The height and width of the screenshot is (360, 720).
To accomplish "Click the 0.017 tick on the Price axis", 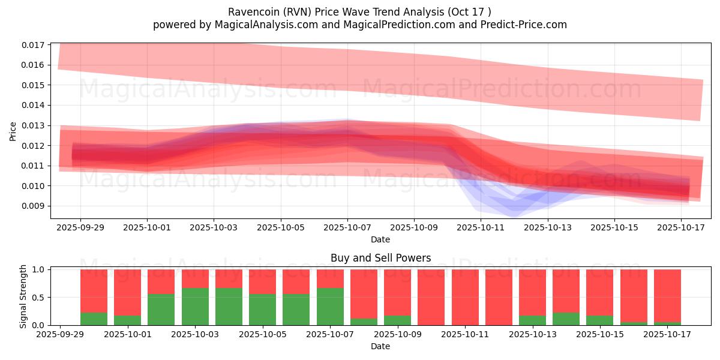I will click(34, 45).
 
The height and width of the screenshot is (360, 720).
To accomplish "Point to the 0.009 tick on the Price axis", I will click(34, 206).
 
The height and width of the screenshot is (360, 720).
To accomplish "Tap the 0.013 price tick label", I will click(34, 125).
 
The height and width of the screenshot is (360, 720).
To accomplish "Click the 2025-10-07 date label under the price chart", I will click(347, 229).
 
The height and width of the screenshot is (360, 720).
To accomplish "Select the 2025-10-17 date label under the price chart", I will click(681, 229).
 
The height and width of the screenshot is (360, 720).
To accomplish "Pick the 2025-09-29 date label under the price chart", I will click(80, 229).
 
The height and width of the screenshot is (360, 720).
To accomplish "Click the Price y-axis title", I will click(13, 131).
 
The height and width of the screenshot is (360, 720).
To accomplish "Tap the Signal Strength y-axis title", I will click(23, 296).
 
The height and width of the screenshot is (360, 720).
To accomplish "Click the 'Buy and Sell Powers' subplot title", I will click(380, 259).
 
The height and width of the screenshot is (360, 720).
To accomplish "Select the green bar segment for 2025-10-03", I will click(195, 307).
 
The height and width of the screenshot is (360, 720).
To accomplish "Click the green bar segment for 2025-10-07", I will click(330, 307).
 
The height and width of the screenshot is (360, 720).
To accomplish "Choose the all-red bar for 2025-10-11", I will click(465, 297).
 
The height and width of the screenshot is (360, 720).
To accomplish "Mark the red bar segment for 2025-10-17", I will click(667, 295).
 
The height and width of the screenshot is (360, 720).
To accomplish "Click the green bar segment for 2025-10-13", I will click(532, 320).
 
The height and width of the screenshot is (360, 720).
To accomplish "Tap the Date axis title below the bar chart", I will click(380, 346).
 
